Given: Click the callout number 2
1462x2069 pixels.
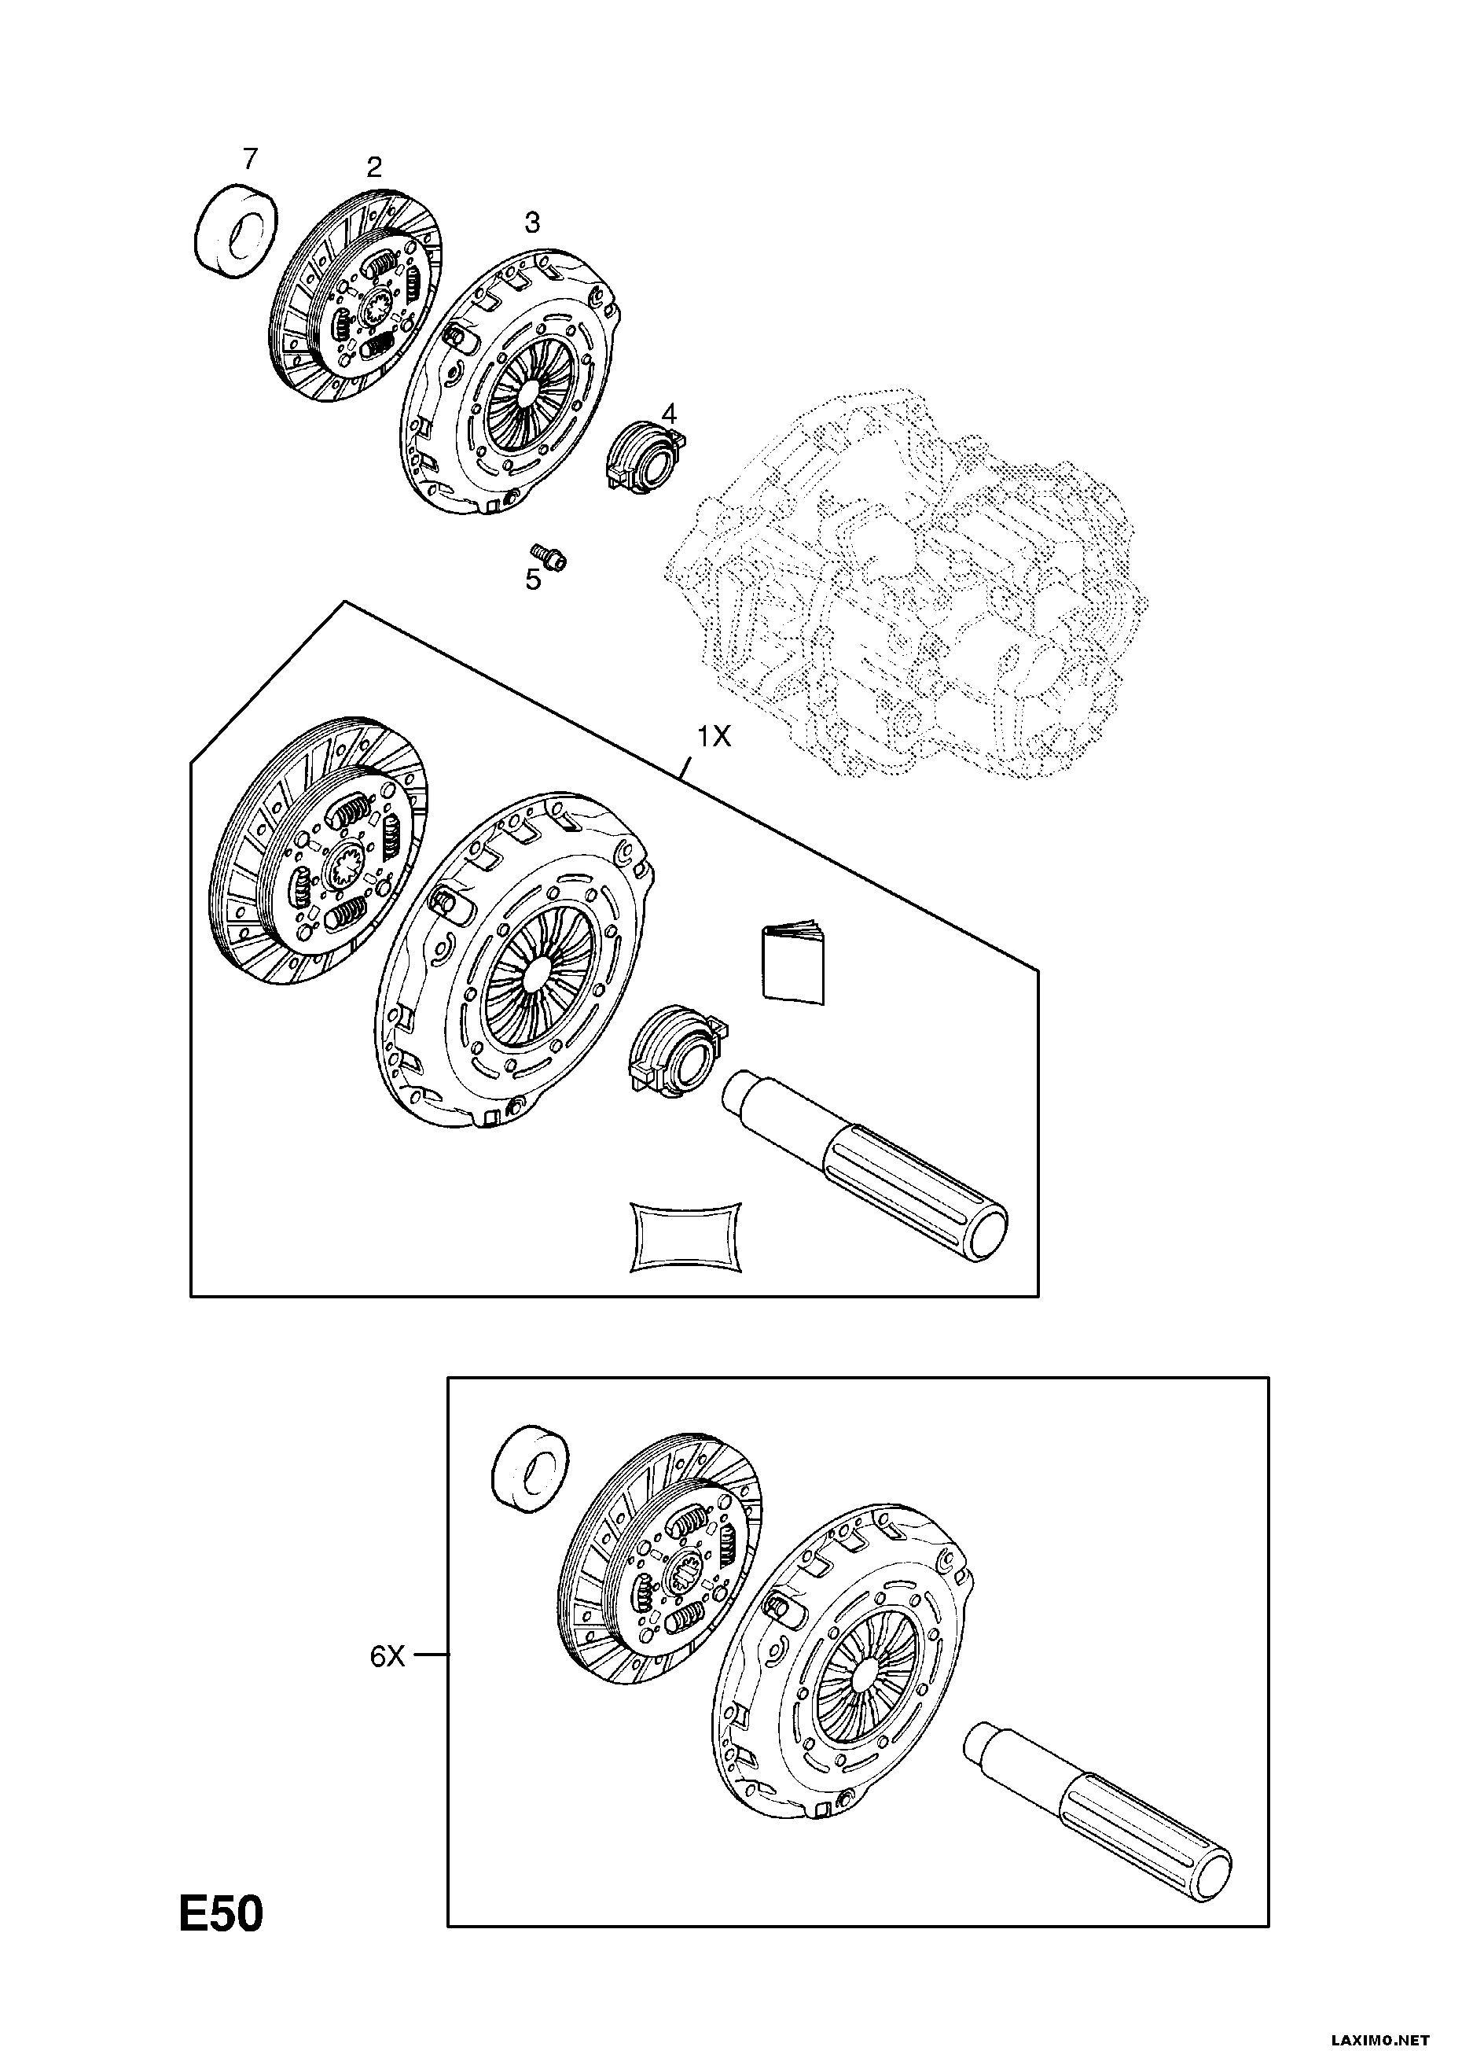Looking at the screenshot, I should (x=374, y=166).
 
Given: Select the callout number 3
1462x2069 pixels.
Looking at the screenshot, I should (x=532, y=222).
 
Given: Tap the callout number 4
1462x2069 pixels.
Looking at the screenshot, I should (x=668, y=414).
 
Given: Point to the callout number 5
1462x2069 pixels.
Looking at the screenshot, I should (x=533, y=580).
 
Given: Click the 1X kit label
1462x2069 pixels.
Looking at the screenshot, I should (x=713, y=737).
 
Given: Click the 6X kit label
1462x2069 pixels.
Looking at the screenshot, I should (x=388, y=1656).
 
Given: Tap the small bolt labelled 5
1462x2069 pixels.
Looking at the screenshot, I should (x=548, y=556).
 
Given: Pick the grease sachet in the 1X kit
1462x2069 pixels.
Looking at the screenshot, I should (x=685, y=1238).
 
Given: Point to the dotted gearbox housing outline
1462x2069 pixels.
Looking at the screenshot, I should (x=909, y=586).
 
